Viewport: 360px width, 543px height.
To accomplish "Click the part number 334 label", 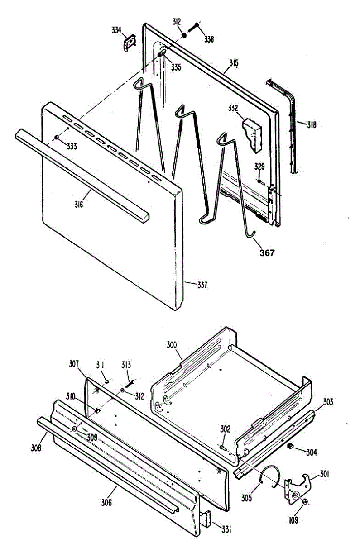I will coord(116,30).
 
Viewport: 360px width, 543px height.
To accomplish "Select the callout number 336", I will coord(209,39).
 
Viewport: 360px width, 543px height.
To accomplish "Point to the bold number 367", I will coord(267,253).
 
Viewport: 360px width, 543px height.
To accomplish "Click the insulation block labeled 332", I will coord(252,133).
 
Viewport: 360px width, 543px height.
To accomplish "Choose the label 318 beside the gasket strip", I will coord(312,124).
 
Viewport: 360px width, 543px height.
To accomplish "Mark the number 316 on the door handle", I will coord(79,205).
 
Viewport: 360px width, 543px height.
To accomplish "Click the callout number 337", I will coord(202,285).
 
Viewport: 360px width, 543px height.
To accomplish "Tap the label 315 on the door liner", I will coord(233,63).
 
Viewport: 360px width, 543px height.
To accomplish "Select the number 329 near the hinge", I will coord(259,167).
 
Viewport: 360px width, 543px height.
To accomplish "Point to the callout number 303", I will coord(328,402).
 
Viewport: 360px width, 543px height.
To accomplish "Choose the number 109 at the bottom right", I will coord(293,520).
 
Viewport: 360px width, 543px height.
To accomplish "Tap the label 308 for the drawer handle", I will coord(36,448).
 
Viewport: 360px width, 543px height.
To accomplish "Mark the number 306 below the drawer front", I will coord(106,502).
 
